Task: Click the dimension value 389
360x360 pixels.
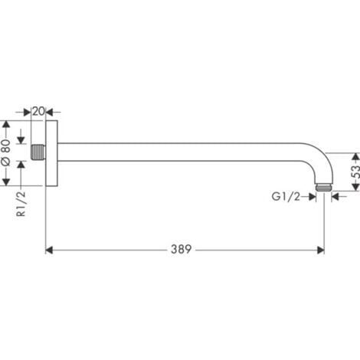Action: tap(182, 249)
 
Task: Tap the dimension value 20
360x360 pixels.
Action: tap(39, 110)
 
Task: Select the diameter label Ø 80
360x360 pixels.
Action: tap(7, 152)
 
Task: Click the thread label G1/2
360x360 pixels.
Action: tap(284, 197)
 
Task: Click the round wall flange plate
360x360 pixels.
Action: tap(52, 152)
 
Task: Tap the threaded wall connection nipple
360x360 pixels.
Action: tap(38, 152)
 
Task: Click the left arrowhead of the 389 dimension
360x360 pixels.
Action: tap(50, 250)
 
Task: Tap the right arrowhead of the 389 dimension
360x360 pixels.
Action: tap(320, 250)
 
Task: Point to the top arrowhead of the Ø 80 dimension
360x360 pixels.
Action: tap(7, 123)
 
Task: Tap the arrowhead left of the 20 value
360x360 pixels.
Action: tap(29, 110)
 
